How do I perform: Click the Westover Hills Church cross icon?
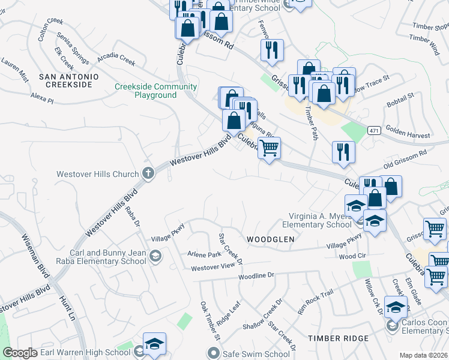coord(148,174)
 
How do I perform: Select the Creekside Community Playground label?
coord(147,91)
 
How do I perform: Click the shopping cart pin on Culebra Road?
coord(270,148)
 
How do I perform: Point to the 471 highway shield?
coord(373,130)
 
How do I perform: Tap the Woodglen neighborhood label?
coord(271,239)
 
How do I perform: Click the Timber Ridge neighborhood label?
coord(338,338)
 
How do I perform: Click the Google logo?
coord(20,353)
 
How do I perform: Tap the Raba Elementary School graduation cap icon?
coord(155,257)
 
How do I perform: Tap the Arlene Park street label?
coord(205,254)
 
